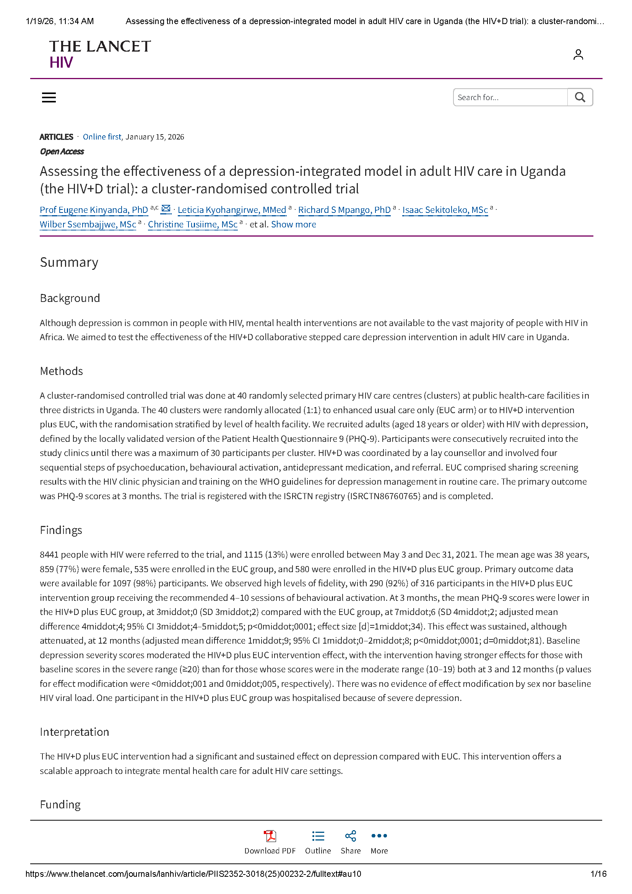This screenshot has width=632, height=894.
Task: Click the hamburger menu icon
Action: tap(49, 97)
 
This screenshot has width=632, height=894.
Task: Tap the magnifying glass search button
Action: tap(580, 97)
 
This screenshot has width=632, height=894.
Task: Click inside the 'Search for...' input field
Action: tap(510, 97)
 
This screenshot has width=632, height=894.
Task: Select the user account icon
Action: tap(578, 55)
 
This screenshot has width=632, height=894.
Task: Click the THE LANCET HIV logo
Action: tap(100, 54)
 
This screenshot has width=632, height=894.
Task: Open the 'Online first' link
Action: tap(102, 137)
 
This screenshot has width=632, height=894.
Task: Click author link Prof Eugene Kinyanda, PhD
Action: tap(94, 210)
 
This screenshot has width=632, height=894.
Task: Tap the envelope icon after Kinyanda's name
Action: tap(166, 209)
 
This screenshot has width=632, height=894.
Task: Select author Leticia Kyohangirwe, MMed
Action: tap(232, 210)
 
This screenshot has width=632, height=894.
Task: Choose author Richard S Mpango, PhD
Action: tap(344, 210)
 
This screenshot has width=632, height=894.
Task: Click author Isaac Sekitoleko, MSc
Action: tap(445, 210)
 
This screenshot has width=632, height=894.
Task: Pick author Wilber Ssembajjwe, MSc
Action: tap(88, 224)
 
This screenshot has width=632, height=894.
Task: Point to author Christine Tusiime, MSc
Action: tap(193, 224)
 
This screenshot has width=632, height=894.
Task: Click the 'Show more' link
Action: tap(294, 224)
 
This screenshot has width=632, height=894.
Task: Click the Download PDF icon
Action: tap(270, 836)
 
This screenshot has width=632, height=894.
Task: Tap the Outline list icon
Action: tap(318, 836)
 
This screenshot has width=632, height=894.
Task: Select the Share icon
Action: tap(351, 836)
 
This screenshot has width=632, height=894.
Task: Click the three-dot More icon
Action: tap(379, 836)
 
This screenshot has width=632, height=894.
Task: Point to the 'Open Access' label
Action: tap(62, 151)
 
